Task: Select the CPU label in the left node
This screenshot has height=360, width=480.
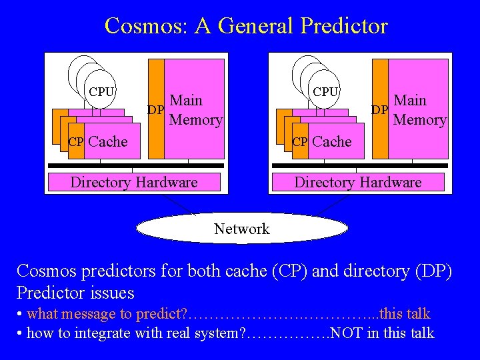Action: click(101, 92)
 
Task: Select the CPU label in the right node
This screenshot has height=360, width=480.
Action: click(325, 92)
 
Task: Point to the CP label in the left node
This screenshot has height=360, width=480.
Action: click(76, 141)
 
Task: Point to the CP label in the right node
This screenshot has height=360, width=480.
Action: click(300, 141)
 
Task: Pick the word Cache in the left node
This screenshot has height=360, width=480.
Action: click(108, 141)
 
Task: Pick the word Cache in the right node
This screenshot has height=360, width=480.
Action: click(332, 141)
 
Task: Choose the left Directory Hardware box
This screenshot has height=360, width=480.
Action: click(134, 182)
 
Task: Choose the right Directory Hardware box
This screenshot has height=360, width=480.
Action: click(358, 182)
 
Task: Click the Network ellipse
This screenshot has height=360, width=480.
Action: click(242, 229)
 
